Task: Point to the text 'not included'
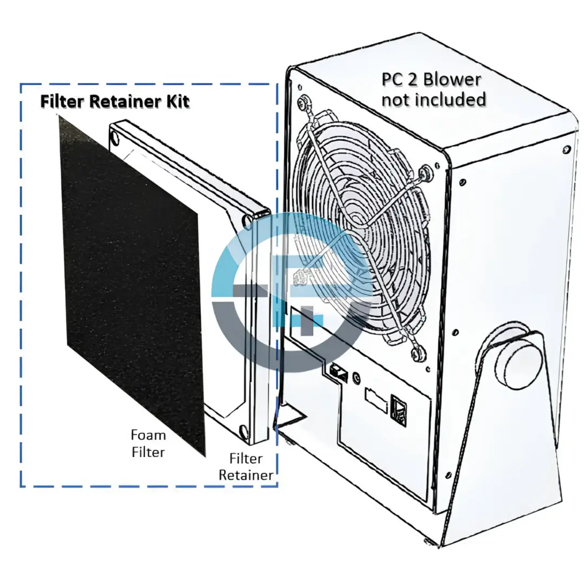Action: coord(433,99)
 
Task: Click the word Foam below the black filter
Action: coord(148,434)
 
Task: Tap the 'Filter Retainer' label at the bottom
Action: coord(246,466)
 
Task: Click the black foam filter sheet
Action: coord(131,283)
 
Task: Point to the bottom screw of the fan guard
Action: coord(417,354)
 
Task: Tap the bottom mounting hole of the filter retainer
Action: coord(243,431)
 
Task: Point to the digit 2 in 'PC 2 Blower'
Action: coord(412,80)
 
